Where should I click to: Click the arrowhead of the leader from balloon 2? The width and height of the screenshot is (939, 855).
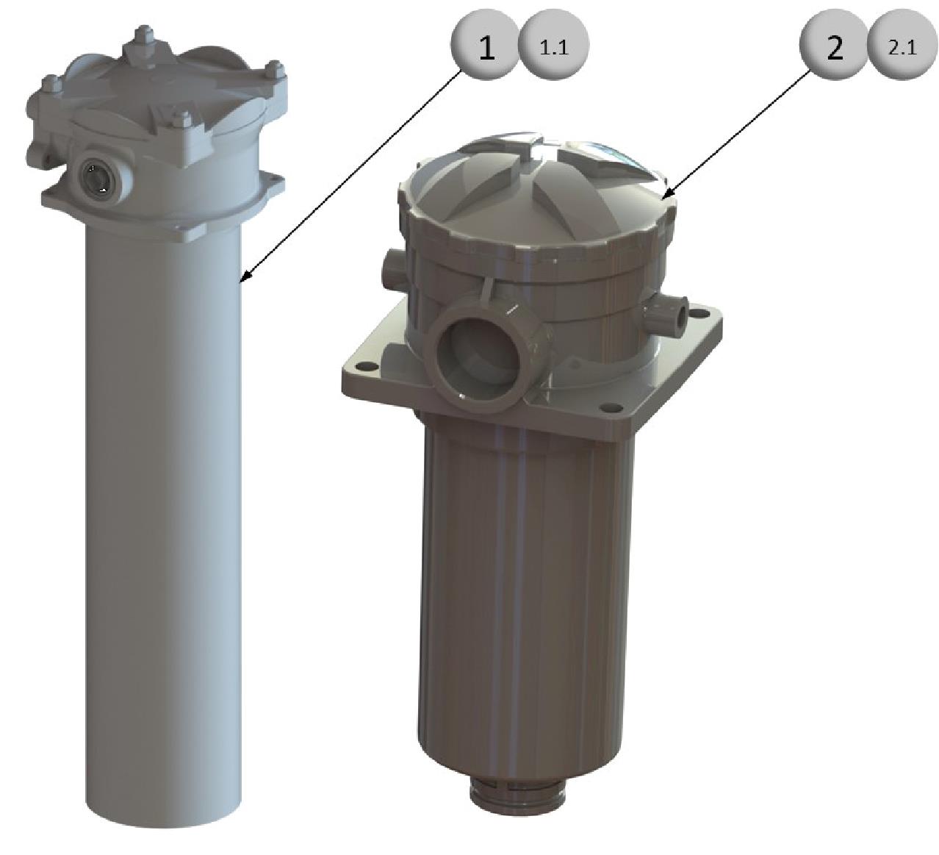(x=668, y=193)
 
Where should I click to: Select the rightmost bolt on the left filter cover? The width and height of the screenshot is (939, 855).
(x=276, y=69)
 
